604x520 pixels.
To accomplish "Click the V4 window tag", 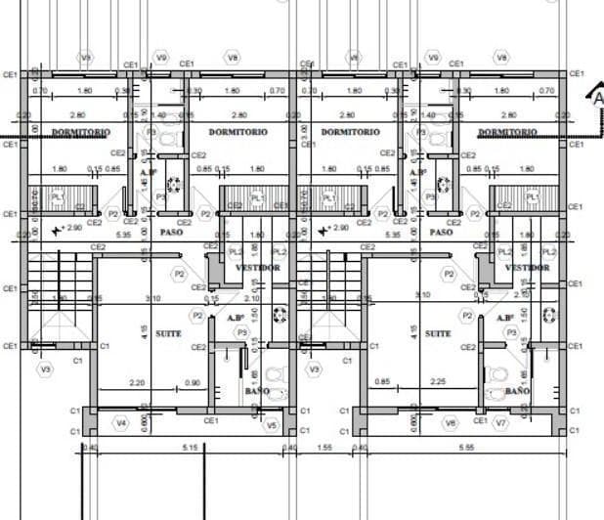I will point(121,422).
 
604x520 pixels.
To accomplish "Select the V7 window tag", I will point(501,422).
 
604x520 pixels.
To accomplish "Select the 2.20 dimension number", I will point(137,382).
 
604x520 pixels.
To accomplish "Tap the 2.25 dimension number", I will point(439,382).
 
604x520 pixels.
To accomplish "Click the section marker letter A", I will point(595,97).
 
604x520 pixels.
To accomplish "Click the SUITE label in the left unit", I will point(168,333).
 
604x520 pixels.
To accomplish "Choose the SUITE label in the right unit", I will point(439,333).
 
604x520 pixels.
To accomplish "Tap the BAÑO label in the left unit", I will point(257,391).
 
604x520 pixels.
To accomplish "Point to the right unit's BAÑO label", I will point(518,391).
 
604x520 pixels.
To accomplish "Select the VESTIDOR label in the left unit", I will point(259,268).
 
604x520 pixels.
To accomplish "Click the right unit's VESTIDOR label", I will point(528,268).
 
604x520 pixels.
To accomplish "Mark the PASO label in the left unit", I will point(172,232).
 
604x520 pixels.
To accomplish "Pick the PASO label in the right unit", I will point(442,232).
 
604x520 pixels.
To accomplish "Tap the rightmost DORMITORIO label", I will point(506,131).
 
